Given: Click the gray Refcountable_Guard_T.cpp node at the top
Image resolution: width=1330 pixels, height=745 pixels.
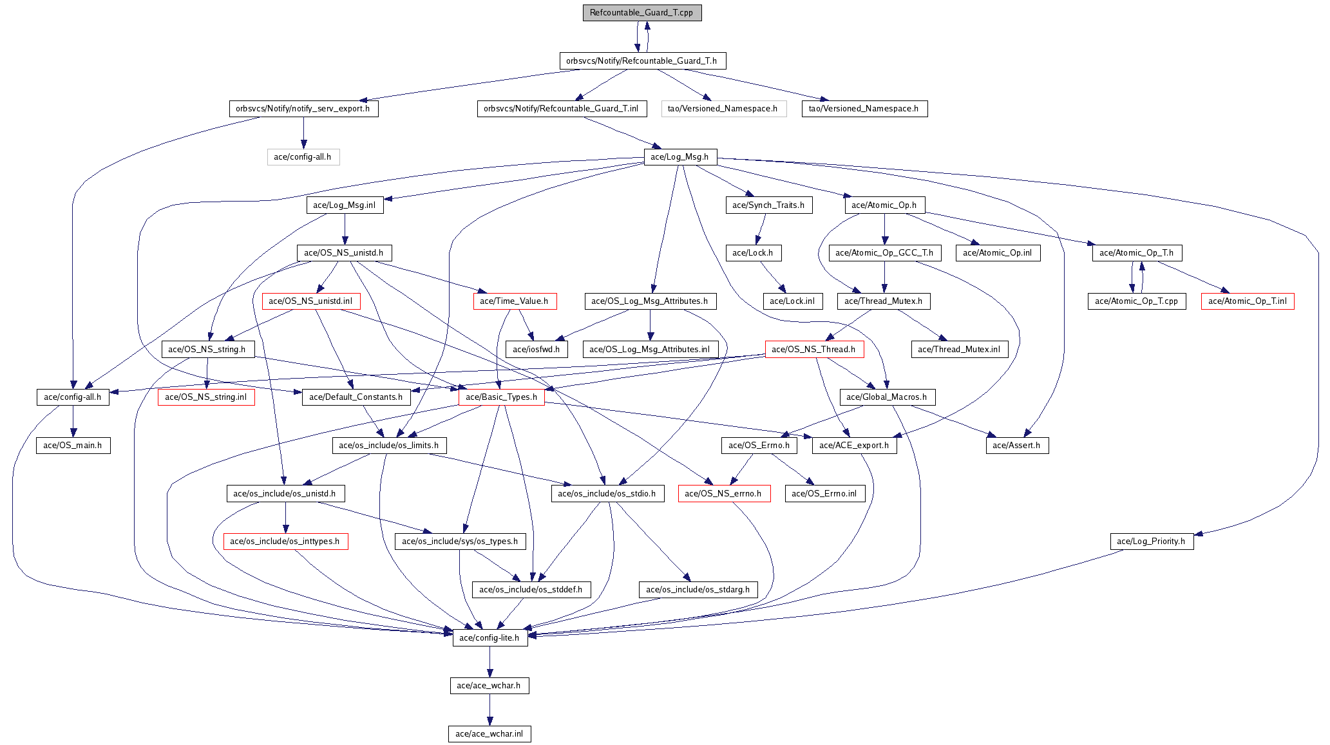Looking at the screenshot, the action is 641,13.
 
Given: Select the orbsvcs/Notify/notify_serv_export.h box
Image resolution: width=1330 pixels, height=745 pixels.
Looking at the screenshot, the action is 303,109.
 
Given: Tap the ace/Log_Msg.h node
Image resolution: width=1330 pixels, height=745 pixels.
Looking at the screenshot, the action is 680,157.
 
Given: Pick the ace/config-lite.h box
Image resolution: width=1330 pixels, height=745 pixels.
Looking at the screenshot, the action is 490,638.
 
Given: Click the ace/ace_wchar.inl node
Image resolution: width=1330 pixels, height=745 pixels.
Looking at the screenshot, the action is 489,734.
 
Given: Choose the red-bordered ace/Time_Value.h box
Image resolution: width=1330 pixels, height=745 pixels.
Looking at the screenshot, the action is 515,301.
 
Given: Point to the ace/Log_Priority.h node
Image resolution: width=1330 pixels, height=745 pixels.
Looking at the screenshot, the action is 1152,542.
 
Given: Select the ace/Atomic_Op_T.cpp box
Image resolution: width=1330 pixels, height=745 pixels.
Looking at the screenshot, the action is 1137,301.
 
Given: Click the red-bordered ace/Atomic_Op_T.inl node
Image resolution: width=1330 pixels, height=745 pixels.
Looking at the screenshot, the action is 1248,301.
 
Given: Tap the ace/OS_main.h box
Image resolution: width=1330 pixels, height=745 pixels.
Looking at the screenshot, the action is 73,446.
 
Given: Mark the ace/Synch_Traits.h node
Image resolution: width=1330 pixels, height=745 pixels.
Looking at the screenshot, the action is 768,205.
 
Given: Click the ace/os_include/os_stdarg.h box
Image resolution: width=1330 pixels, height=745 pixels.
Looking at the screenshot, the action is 698,590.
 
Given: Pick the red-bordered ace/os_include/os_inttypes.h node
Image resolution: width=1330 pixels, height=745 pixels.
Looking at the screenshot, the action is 285,542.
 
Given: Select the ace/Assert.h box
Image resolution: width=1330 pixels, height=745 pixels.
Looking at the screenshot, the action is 1017,446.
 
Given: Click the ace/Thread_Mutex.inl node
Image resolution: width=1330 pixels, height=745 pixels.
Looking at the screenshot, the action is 959,350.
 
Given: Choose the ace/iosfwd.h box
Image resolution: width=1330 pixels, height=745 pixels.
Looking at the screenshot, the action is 537,350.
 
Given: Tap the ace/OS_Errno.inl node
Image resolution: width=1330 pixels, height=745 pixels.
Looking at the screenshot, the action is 824,494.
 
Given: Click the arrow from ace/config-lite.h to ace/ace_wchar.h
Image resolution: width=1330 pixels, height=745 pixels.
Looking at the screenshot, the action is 489,662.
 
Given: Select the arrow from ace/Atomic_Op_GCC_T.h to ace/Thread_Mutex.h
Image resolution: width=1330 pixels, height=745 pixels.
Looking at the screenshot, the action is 884,278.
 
